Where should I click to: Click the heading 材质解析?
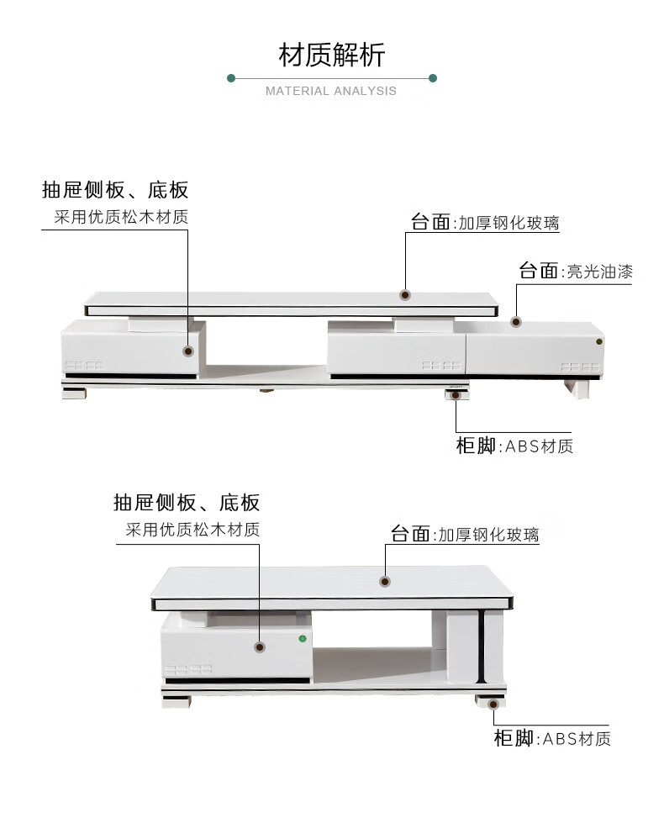(331, 55)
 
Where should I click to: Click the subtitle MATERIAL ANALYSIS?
(331, 91)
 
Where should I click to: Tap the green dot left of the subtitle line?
(231, 78)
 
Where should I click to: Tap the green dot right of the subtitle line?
(433, 78)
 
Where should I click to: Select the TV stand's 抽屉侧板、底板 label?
(115, 190)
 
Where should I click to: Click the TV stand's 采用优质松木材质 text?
(121, 217)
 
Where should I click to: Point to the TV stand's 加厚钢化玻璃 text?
(509, 224)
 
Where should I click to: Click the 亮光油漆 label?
(599, 272)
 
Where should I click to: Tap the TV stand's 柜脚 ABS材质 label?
(514, 446)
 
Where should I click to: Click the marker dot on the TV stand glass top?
(405, 295)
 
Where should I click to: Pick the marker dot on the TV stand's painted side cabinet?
(516, 321)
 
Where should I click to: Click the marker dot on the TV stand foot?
(456, 393)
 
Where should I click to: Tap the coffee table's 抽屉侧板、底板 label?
(187, 504)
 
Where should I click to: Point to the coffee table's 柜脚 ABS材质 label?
(551, 739)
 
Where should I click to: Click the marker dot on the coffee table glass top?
(385, 581)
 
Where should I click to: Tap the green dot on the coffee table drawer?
(301, 639)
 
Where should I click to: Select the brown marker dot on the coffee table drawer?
(260, 646)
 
